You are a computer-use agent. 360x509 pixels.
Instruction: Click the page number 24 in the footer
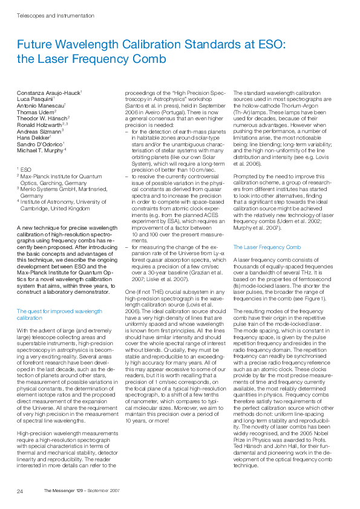20,490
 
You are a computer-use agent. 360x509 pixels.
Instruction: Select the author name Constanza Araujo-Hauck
48,92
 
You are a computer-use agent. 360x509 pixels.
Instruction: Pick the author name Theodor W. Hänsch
42,118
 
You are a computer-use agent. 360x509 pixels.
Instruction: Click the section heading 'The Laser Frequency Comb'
267,247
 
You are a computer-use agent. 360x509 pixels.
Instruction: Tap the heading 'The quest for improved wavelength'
59,311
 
